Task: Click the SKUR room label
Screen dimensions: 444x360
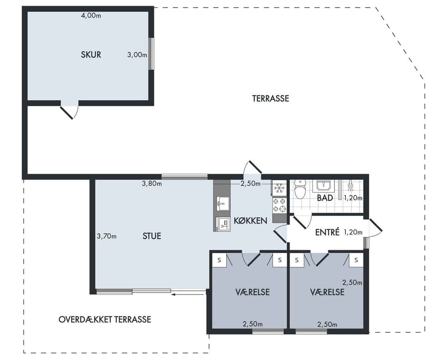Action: coord(91,55)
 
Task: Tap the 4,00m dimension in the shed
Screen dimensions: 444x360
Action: coord(91,16)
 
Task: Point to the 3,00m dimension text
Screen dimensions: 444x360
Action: coord(137,55)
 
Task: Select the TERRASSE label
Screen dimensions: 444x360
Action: coord(271,98)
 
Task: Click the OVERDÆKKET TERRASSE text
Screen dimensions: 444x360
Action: coord(105,319)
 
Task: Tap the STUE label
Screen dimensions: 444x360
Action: coord(152,236)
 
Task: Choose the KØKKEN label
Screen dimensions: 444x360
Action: coord(250,221)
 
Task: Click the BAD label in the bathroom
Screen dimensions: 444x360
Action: coord(325,198)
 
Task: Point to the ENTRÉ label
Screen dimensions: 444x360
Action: coord(327,232)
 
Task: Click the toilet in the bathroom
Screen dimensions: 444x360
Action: coord(300,189)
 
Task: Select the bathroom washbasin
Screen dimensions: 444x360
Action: coord(322,186)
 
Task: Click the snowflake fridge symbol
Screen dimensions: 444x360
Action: coord(279,188)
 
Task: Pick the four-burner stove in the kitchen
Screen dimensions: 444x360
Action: coord(279,205)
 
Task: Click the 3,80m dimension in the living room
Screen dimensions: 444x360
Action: coord(152,183)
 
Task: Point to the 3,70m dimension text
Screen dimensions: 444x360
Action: coord(106,236)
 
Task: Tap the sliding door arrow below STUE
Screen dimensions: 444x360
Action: coord(187,295)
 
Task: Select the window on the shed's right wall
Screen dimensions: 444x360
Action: coord(152,54)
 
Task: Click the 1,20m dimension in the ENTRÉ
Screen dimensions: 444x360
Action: coord(353,232)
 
